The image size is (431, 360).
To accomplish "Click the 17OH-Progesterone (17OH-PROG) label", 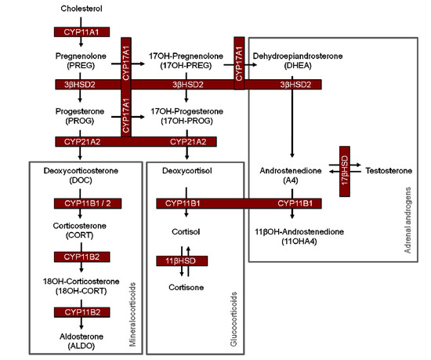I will pos(186,118).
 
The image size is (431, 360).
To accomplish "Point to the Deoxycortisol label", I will pos(186,170).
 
